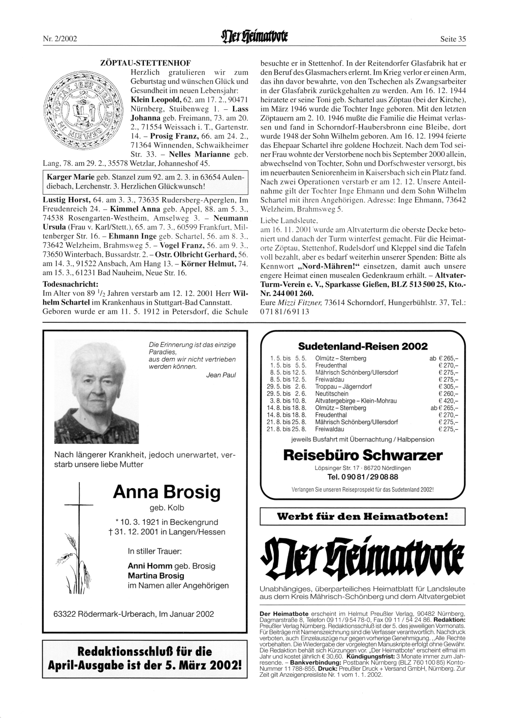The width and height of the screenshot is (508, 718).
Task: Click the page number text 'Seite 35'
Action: click(453, 39)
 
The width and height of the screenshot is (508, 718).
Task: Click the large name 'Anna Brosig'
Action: click(167, 492)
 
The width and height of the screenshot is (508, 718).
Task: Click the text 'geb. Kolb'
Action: click(167, 507)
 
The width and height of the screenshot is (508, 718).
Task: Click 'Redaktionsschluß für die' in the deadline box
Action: click(144, 651)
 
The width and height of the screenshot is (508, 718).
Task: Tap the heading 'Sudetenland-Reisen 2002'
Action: click(363, 346)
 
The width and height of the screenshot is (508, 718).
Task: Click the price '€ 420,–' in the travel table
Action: click(448, 401)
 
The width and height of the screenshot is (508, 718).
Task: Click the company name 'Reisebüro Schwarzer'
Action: click(363, 455)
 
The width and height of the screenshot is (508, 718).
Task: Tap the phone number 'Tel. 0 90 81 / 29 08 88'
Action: click(363, 477)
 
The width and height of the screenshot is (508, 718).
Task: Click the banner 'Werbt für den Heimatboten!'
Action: click(363, 517)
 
